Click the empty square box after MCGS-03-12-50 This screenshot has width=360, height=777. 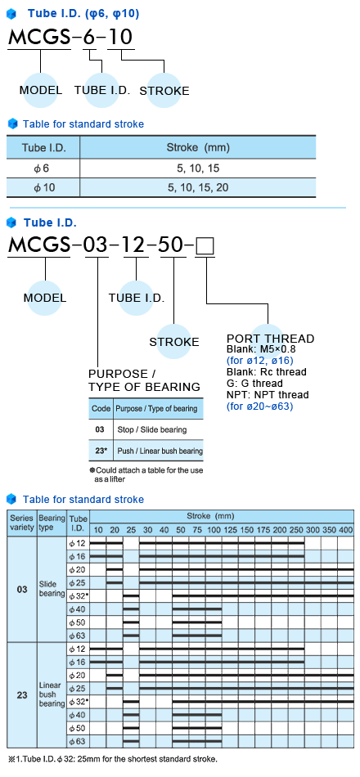205,246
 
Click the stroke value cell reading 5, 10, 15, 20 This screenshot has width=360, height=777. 198,188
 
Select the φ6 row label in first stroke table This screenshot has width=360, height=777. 43,168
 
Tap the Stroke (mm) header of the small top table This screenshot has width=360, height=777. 198,148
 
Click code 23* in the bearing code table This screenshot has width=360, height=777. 101,451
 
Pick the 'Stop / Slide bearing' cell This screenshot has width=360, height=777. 151,429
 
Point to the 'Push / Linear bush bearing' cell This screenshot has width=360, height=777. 160,451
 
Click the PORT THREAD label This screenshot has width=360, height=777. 270,339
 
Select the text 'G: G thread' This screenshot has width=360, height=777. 254,384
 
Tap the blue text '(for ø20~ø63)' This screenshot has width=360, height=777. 259,406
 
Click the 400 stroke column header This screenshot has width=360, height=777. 345,530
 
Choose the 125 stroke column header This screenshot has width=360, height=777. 230,530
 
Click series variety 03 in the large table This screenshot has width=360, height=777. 22,590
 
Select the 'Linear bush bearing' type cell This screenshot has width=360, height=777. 52,694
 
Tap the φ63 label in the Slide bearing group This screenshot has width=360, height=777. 78,636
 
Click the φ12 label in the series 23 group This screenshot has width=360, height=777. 78,649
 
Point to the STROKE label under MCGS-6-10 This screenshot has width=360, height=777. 164,91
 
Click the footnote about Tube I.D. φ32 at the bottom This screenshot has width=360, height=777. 113,759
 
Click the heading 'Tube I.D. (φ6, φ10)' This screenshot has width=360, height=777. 83,13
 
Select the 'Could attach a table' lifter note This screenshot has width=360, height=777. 146,474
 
